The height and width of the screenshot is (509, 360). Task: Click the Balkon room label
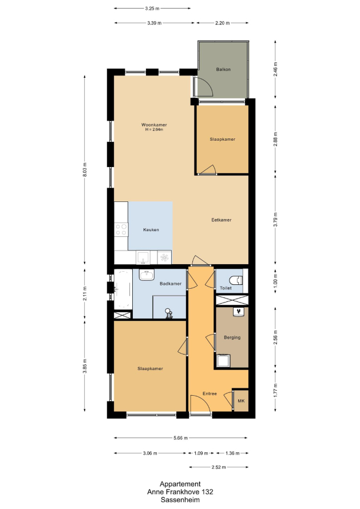[x=223, y=69]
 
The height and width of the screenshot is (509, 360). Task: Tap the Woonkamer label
[x=154, y=125]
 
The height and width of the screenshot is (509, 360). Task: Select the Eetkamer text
[x=221, y=220]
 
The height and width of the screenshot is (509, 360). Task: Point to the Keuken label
[x=151, y=230]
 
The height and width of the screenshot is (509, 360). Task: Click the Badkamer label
[x=171, y=284]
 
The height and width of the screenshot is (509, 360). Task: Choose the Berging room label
[x=232, y=337]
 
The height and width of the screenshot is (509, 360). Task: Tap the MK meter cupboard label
[x=241, y=401]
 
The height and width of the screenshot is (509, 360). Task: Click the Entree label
[x=209, y=394]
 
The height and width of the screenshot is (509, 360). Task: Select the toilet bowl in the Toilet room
[x=236, y=280]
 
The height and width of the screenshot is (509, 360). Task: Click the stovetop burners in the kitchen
[x=121, y=229]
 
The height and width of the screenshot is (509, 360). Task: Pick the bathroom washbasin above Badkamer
[x=147, y=275]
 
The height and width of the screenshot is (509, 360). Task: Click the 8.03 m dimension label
[x=85, y=170]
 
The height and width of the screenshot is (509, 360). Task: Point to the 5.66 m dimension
[x=181, y=438]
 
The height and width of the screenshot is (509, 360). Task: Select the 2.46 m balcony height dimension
[x=275, y=69]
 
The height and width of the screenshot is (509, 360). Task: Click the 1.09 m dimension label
[x=201, y=453]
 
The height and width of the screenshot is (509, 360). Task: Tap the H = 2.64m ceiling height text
[x=154, y=129]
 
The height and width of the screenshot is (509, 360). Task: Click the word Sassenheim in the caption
[x=180, y=500]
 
